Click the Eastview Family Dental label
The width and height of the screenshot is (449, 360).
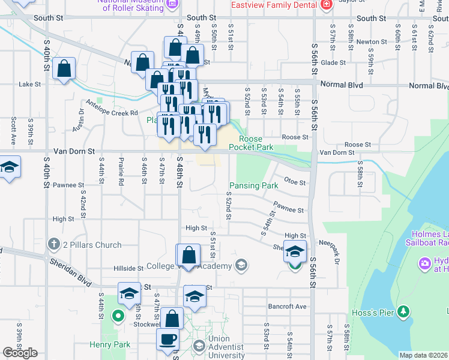(x=274, y=5)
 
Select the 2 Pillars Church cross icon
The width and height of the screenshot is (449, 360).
(x=53, y=244)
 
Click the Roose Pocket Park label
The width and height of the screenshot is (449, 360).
(x=252, y=142)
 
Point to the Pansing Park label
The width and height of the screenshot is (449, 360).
(x=252, y=186)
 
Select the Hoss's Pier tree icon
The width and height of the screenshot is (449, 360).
(x=405, y=310)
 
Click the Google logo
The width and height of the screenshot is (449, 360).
(x=19, y=353)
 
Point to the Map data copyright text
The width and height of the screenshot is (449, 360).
(x=423, y=355)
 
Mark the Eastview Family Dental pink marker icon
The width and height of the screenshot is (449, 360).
(x=326, y=5)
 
